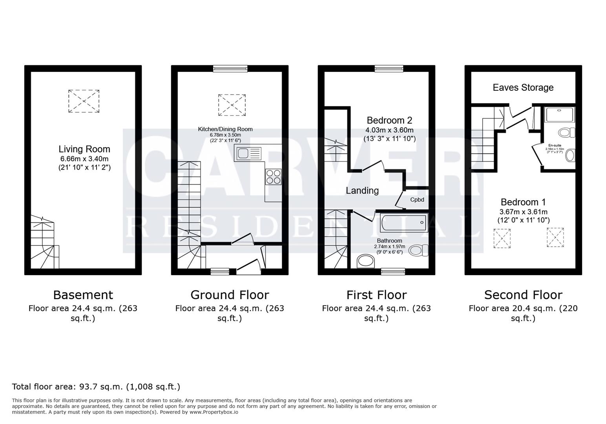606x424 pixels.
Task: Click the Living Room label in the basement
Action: click(84, 149)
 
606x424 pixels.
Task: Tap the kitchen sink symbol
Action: click(248, 153)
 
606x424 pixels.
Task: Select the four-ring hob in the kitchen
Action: click(273, 176)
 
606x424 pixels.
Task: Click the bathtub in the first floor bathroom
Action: click(403, 223)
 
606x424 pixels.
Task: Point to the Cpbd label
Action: click(417, 200)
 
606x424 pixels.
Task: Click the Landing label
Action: click(362, 191)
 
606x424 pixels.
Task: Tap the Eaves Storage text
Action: click(523, 88)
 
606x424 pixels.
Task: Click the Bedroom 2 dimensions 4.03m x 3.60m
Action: click(389, 130)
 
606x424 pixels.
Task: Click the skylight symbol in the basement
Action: click(84, 101)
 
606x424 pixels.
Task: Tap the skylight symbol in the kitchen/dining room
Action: click(232, 105)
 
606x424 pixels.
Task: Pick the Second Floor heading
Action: click(523, 295)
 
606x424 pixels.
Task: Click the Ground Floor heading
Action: click(230, 295)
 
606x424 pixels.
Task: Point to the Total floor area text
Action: click(96, 387)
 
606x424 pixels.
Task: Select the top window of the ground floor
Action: click(230, 69)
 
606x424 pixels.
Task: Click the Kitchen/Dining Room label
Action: click(225, 129)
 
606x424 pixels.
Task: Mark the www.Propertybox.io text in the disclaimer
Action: click(214, 412)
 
